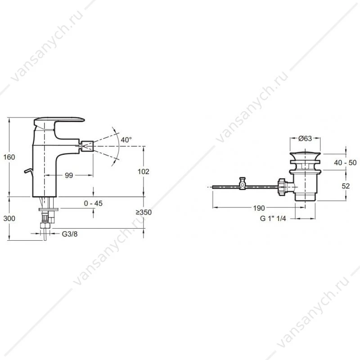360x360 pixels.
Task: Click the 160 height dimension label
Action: (9, 157)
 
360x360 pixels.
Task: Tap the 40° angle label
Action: (126, 139)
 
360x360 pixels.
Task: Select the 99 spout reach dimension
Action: (69, 175)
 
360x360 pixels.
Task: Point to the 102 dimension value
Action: (143, 171)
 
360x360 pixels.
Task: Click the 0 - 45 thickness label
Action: (93, 203)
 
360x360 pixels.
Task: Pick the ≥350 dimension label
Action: (144, 212)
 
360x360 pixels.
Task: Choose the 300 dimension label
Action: (9, 218)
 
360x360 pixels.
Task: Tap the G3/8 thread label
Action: (70, 234)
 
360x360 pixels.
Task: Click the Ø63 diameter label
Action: (305, 138)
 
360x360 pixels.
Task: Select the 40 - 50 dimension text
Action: (345, 162)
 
